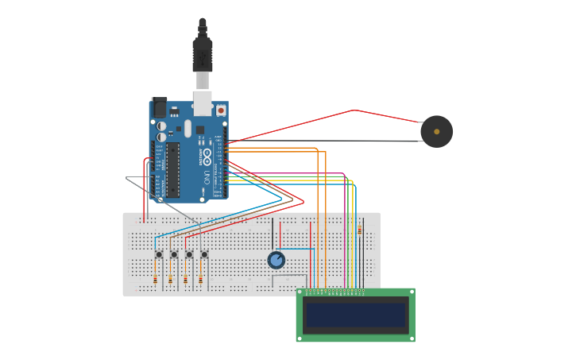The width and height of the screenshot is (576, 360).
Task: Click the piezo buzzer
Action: tap(436, 131)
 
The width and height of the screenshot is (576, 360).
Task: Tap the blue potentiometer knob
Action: tap(276, 260)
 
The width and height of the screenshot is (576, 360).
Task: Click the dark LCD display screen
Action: tap(356, 315)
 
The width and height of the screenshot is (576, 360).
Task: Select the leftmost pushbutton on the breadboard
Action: tap(159, 254)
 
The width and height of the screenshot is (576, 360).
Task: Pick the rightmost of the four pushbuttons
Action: tap(204, 254)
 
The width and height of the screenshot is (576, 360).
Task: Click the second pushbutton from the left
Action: tap(174, 254)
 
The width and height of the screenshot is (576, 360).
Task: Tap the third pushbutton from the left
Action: tap(189, 254)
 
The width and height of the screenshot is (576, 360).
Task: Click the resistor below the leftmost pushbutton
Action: tap(155, 280)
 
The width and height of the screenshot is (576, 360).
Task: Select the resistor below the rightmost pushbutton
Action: tap(200, 280)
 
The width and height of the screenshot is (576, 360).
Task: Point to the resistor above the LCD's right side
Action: tap(359, 230)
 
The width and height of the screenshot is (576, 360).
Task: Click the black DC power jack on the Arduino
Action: tap(158, 106)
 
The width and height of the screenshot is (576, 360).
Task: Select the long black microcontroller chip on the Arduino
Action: tap(172, 169)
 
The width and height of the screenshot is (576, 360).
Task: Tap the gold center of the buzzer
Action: tap(436, 131)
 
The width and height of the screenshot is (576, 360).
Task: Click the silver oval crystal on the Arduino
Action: tap(188, 128)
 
